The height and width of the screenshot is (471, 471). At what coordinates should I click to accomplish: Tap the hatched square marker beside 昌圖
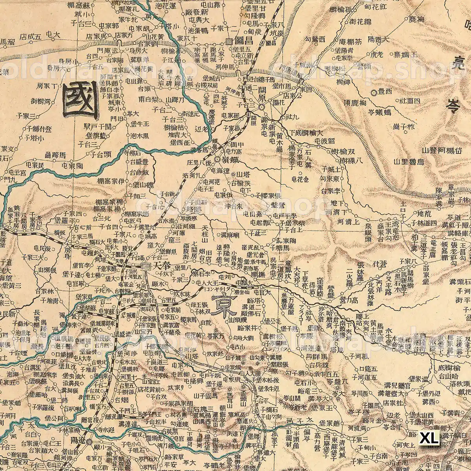229,41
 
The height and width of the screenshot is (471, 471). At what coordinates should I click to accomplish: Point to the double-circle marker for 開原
261,100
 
